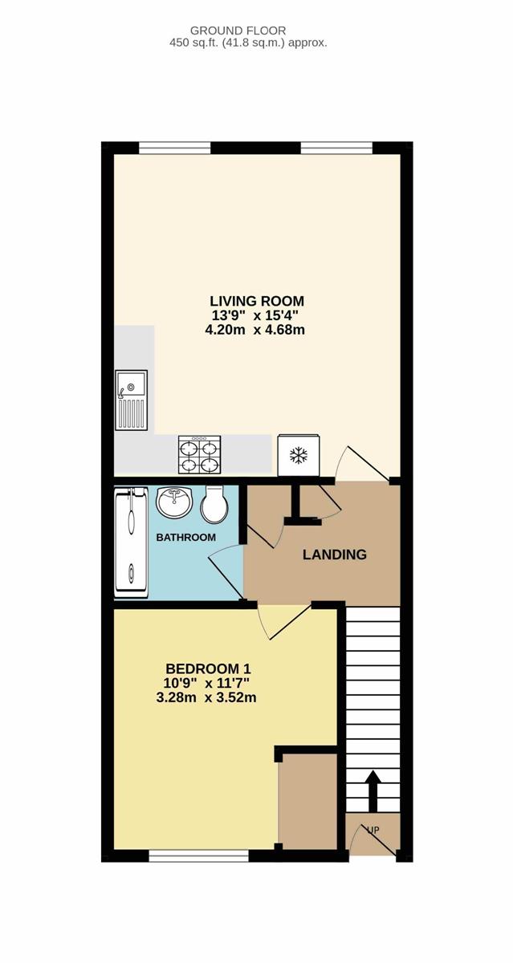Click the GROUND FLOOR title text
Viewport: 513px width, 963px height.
pos(238,30)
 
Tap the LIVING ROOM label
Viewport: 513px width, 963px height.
pos(257,300)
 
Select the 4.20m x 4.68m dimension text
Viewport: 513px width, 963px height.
pos(255,330)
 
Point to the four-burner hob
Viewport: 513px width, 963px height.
pos(200,455)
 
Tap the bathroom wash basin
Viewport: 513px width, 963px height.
pos(174,502)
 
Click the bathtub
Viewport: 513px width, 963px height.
pos(131,542)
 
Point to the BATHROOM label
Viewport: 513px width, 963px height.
pos(185,538)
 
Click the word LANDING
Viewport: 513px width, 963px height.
pos(335,555)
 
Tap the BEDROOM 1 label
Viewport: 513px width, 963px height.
pos(208,669)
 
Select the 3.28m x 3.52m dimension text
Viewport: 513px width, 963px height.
pos(206,697)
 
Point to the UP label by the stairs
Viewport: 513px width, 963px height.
pos(373,830)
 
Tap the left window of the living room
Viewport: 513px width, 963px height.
pos(174,148)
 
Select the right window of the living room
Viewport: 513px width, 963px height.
pos(336,148)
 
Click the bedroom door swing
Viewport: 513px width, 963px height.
pos(284,622)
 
